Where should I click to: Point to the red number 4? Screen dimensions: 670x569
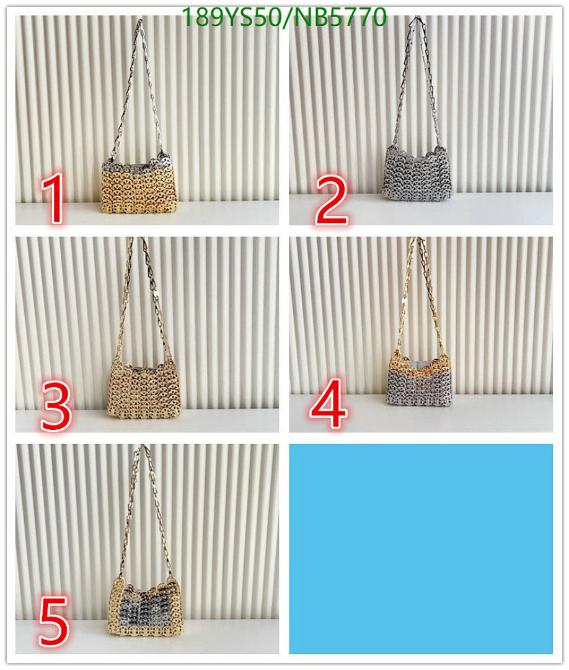click(x=329, y=406)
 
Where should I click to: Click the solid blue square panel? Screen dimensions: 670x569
click(x=421, y=548)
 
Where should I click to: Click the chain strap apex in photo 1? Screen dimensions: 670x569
click(x=139, y=24)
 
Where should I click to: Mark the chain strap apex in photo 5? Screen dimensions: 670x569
click(x=142, y=448)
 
